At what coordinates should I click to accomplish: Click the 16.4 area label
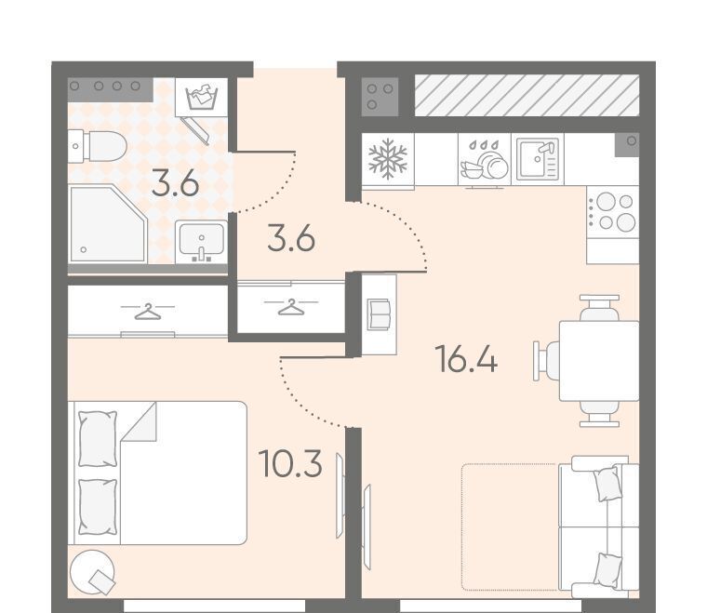[466, 359]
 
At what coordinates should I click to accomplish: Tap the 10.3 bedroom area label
[290, 463]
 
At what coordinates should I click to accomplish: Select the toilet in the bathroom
[97, 146]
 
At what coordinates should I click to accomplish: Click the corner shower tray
[108, 223]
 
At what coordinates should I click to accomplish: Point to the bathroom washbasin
[201, 242]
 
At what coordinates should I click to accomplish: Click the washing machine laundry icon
[202, 98]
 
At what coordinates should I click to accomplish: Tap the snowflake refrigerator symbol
[388, 159]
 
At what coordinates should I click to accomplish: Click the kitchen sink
[538, 159]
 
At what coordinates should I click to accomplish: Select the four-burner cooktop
[613, 212]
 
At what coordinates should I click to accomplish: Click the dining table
[599, 361]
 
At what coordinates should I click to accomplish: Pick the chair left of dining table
[546, 361]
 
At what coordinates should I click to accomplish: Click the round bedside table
[92, 572]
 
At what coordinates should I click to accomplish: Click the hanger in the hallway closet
[291, 307]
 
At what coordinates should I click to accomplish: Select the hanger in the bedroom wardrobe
[147, 312]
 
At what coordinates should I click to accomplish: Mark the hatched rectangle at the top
[527, 96]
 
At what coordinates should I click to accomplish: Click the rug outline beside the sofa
[510, 526]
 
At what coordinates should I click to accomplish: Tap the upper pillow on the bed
[98, 438]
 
